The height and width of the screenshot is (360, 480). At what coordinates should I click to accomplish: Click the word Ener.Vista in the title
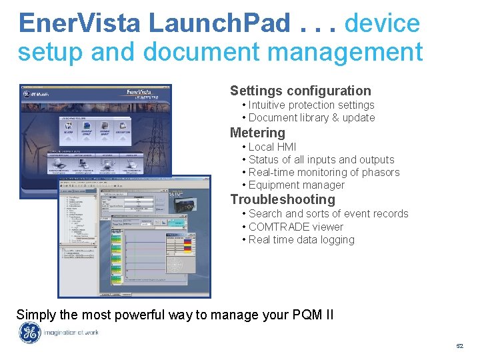80,23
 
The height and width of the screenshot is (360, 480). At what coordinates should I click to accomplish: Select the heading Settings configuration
300,91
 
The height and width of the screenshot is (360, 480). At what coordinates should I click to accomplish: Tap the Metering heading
257,133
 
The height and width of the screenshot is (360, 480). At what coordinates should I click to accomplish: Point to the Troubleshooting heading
283,199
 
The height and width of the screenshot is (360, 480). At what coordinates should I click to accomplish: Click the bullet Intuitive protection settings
311,105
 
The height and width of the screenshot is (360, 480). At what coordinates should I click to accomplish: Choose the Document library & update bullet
311,118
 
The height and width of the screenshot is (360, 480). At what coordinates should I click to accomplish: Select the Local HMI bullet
272,147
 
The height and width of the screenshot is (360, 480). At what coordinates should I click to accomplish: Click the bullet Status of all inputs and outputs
321,160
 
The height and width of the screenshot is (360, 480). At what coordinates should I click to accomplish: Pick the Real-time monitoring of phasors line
324,173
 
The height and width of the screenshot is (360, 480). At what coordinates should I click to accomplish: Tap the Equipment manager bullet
296,185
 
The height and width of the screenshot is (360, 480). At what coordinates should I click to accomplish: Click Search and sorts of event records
328,214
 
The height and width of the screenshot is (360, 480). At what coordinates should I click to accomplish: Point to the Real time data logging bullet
301,240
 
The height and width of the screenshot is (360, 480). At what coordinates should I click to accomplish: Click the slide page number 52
459,347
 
